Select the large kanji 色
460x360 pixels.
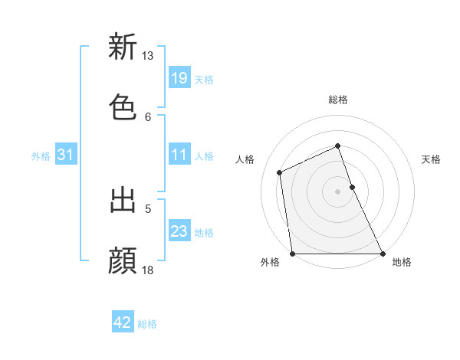pyautogui.click(x=123, y=107)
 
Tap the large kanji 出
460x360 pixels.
pyautogui.click(x=123, y=201)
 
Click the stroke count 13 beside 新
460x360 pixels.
pyautogui.click(x=147, y=56)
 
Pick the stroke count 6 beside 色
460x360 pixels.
pyautogui.click(x=148, y=116)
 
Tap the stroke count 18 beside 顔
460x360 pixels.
pyautogui.click(x=147, y=270)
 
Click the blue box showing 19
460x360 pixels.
pyautogui.click(x=179, y=78)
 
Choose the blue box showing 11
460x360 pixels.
pyautogui.click(x=179, y=155)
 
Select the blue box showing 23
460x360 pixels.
pyautogui.click(x=179, y=231)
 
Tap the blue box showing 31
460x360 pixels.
pyautogui.click(x=66, y=155)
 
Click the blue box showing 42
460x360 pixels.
pyautogui.click(x=123, y=322)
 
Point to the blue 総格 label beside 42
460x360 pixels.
pyautogui.click(x=147, y=324)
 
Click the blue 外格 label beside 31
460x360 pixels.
pyautogui.click(x=41, y=156)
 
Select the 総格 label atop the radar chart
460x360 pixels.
pyautogui.click(x=337, y=100)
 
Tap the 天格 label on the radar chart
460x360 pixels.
pyautogui.click(x=432, y=159)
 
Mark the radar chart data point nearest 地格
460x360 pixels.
pyautogui.click(x=382, y=254)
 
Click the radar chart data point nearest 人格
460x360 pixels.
pyautogui.click(x=280, y=172)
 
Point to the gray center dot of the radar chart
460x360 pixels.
pyautogui.click(x=337, y=191)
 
